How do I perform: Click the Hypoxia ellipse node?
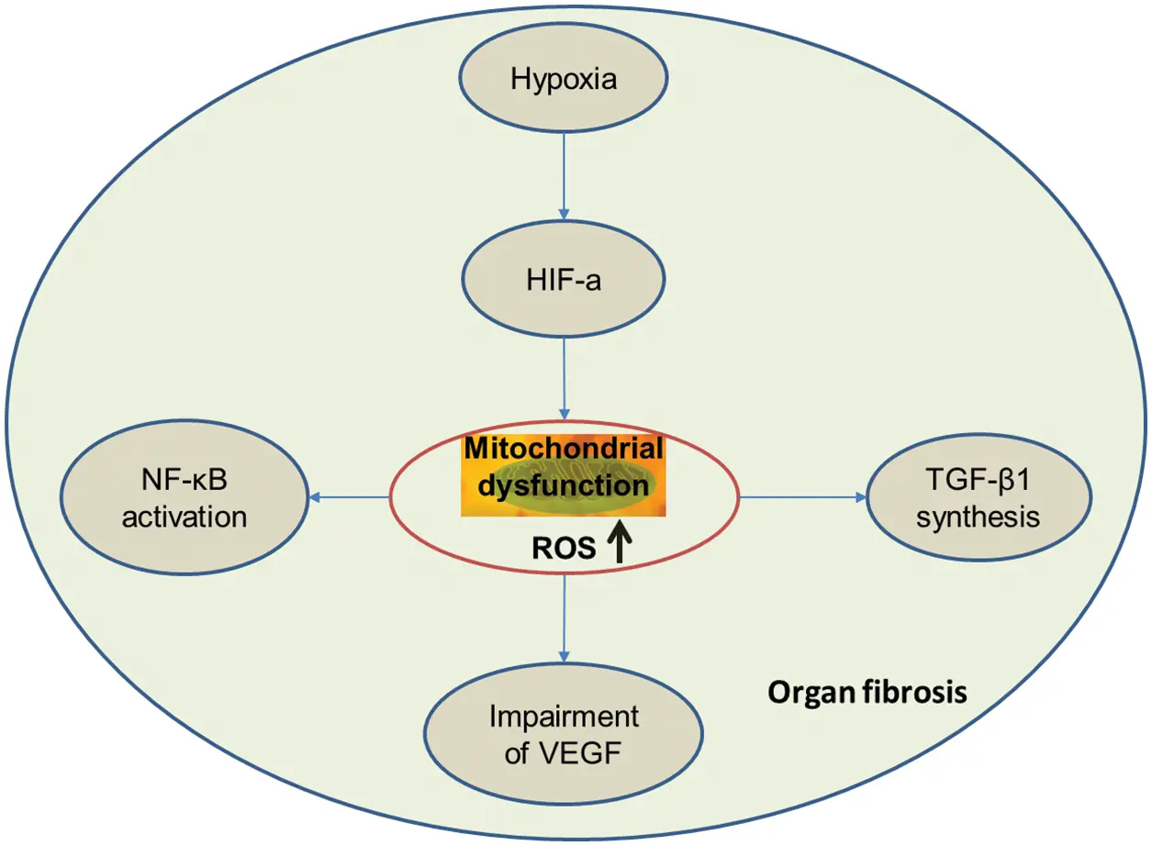[563, 78]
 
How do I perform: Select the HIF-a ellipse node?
[563, 279]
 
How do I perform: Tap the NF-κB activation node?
[185, 497]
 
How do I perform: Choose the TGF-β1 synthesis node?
[979, 497]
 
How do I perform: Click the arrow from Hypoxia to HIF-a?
[564, 177]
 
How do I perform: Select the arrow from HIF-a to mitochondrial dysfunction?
[565, 379]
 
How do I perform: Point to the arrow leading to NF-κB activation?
[349, 497]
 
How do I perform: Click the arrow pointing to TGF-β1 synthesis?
[803, 497]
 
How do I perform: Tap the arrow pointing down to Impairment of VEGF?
[565, 618]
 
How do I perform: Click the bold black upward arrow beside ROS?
[621, 540]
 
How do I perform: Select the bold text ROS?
[564, 548]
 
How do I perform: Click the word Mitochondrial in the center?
[564, 448]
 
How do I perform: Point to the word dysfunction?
[563, 485]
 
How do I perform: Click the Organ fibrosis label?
[867, 693]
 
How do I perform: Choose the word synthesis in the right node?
[979, 518]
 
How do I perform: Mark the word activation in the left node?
[185, 517]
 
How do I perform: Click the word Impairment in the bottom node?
[564, 717]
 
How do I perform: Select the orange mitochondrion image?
[563, 475]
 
